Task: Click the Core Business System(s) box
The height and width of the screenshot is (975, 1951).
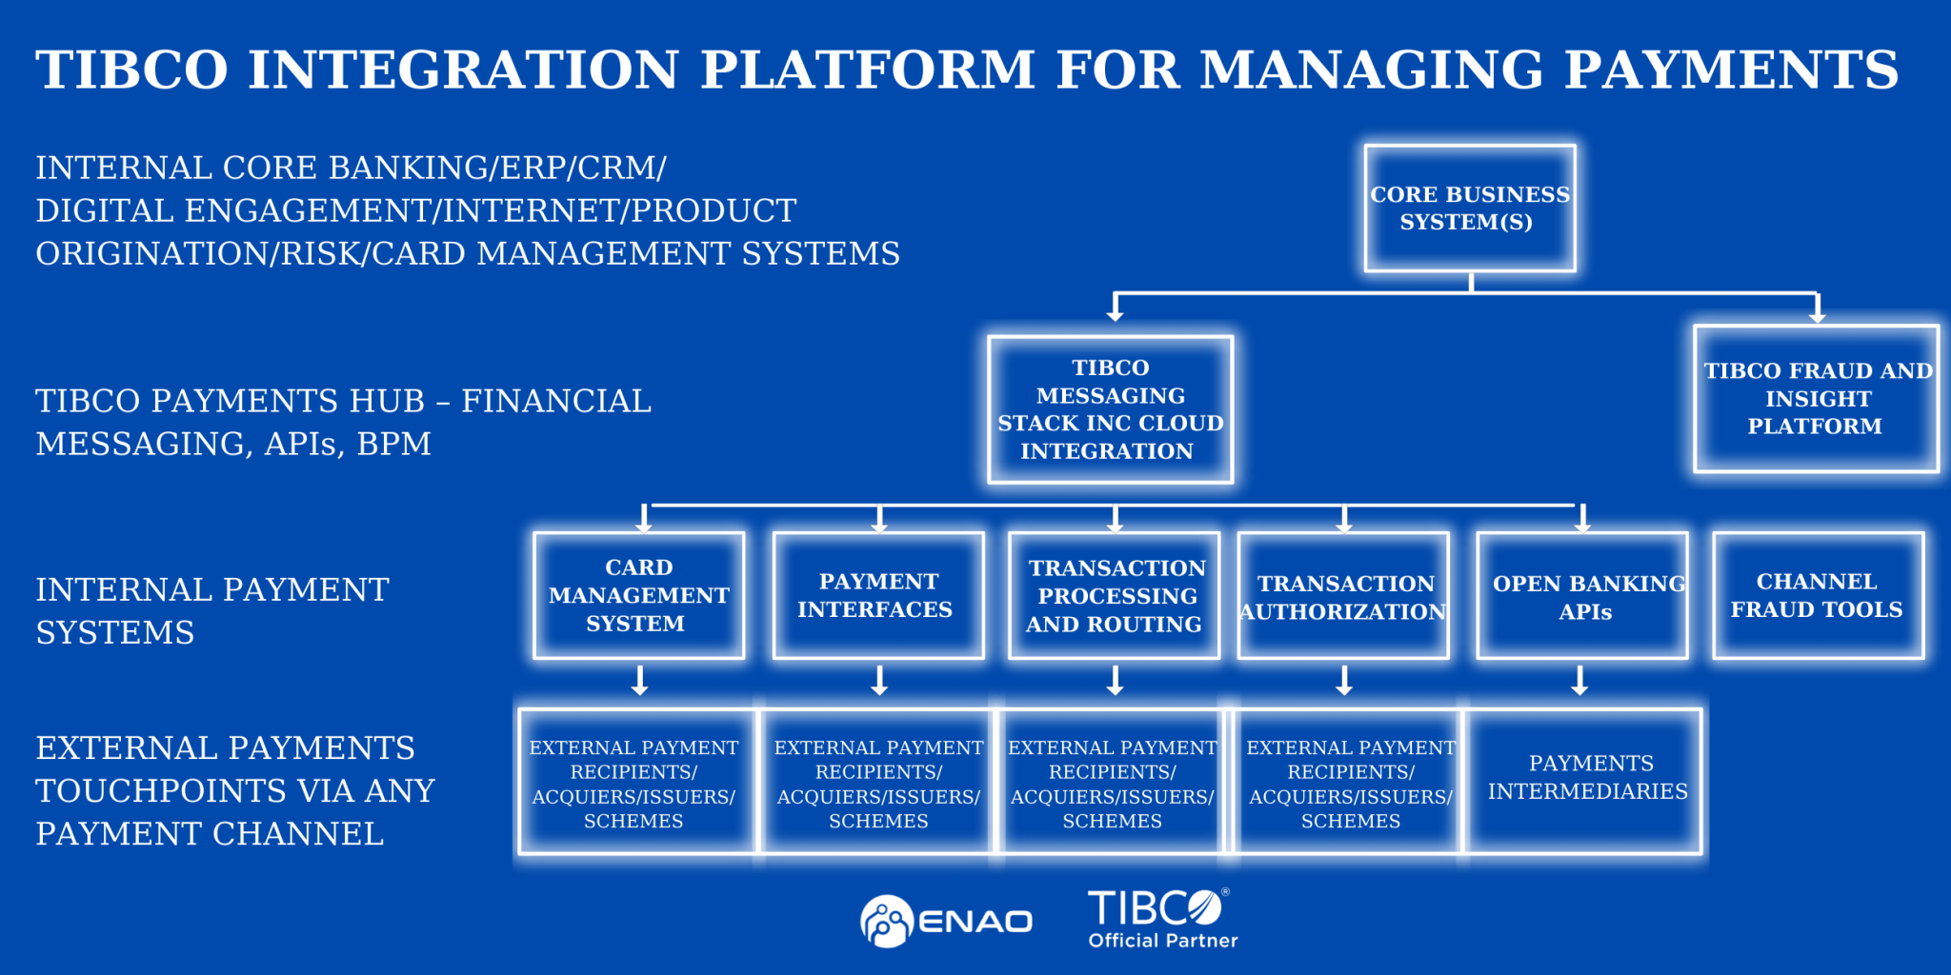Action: click(1469, 208)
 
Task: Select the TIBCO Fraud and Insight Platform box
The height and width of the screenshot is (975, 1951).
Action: click(1816, 398)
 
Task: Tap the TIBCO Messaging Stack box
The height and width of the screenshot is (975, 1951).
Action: click(1110, 409)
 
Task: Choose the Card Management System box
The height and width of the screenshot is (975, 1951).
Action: click(638, 595)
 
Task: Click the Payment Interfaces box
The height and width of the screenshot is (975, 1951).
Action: click(877, 595)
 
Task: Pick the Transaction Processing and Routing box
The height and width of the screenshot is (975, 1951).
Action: click(1114, 595)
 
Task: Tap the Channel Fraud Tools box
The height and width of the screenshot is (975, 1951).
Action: click(1818, 595)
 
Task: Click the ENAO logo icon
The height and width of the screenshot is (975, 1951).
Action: click(886, 921)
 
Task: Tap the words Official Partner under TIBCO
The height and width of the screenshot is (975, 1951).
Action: click(1162, 941)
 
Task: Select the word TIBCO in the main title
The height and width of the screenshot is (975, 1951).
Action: click(131, 70)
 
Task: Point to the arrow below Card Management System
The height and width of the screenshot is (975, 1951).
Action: click(640, 680)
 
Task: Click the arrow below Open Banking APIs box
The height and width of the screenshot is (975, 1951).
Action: click(1579, 680)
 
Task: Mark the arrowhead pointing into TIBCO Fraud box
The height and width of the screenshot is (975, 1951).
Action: click(1817, 315)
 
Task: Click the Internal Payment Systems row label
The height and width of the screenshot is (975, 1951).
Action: click(211, 610)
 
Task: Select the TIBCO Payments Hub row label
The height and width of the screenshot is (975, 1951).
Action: click(343, 422)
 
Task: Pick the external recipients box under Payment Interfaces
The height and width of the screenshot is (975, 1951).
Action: click(877, 783)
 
